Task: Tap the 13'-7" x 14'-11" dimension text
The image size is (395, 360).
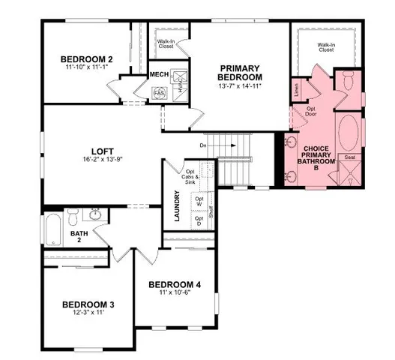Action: pos(240,88)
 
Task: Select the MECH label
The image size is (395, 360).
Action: pos(159,74)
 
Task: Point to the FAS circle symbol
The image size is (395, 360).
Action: pos(159,92)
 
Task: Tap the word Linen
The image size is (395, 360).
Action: pos(298,89)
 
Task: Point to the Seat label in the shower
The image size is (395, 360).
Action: pos(349,157)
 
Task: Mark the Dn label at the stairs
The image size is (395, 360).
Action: pos(203,145)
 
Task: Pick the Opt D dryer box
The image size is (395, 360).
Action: pos(199,221)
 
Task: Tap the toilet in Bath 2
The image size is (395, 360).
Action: pos(73,217)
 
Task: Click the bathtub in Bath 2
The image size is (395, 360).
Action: pos(53,230)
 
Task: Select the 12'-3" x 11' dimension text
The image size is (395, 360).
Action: pos(88,314)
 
